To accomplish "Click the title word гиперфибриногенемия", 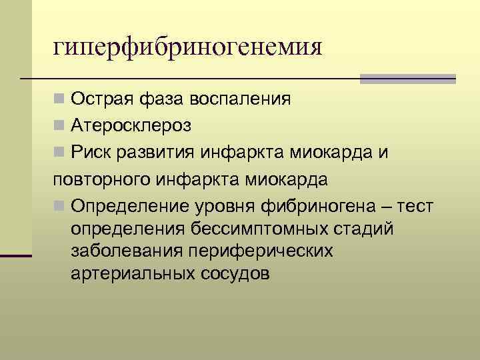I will pyautogui.click(x=189, y=47).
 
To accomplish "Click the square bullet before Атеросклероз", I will pyautogui.click(x=59, y=125).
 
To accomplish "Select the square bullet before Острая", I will pyautogui.click(x=59, y=100).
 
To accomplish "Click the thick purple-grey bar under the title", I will pyautogui.click(x=407, y=79).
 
